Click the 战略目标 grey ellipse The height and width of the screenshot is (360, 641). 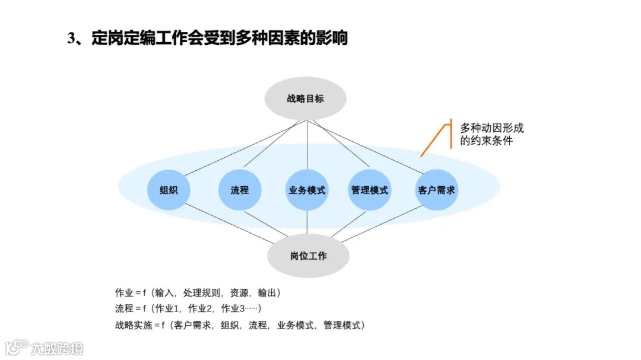306,98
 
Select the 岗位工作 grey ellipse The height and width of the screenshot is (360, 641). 308,256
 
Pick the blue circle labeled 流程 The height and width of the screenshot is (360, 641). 239,190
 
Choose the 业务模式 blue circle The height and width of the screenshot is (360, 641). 307,190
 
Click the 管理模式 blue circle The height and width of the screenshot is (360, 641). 369,190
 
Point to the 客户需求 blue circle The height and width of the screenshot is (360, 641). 437,190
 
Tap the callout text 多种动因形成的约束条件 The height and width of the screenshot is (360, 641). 492,135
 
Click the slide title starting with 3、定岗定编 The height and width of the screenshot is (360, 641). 207,39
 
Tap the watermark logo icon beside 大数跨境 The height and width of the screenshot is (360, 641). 17,348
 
